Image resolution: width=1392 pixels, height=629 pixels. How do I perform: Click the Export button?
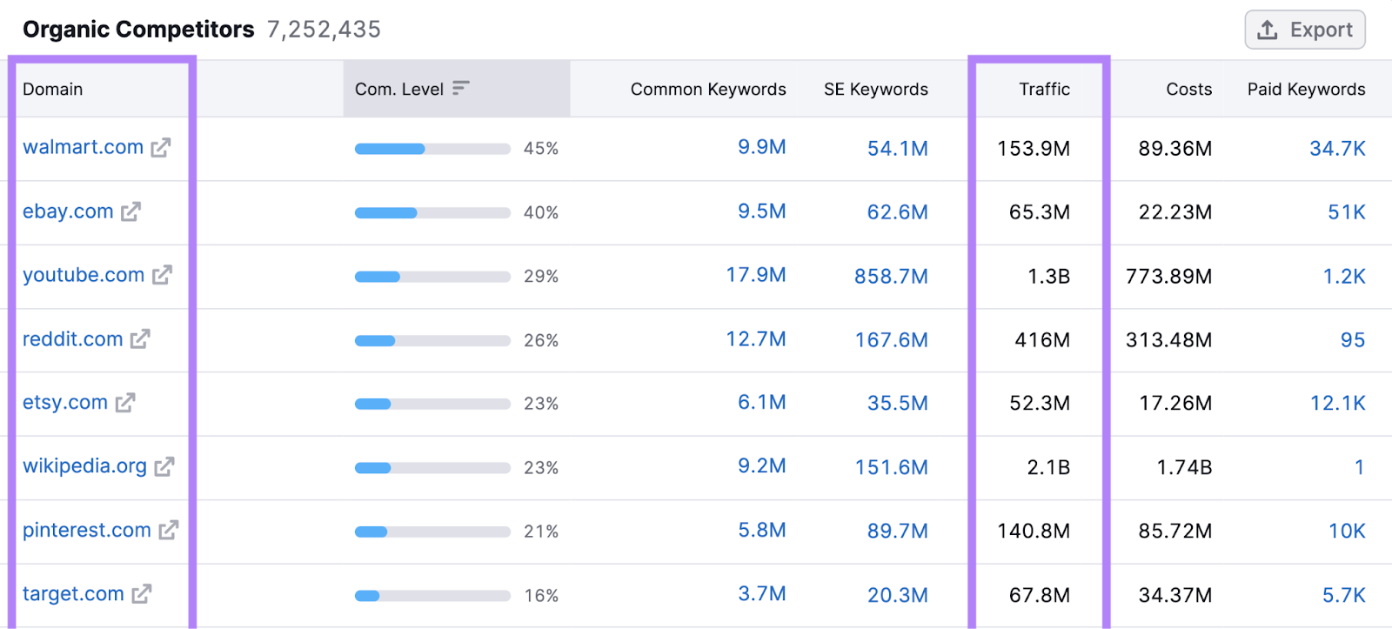(1304, 30)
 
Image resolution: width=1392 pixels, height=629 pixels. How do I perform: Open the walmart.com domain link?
(83, 147)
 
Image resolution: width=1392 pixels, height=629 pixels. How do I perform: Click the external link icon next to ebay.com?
(130, 211)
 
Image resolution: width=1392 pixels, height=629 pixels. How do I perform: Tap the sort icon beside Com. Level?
(461, 88)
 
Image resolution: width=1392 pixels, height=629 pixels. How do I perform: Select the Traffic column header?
(1044, 89)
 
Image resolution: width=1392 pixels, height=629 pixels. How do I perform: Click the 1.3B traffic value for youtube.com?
(1048, 276)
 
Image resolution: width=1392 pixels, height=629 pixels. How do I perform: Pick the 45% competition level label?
(540, 149)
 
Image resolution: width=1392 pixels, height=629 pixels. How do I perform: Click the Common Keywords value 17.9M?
(755, 275)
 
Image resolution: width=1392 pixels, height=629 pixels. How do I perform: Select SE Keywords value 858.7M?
(891, 276)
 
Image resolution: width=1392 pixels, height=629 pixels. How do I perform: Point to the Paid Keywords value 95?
(1352, 340)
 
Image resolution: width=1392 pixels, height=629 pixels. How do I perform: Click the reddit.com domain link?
(72, 339)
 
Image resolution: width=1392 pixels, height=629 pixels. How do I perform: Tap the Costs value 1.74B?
(1183, 467)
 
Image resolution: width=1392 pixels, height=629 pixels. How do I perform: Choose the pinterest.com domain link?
(86, 530)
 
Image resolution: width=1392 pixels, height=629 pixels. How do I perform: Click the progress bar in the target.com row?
(432, 596)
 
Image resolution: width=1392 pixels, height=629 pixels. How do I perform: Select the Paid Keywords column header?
(1306, 89)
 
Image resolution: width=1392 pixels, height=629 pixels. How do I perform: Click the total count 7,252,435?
(324, 30)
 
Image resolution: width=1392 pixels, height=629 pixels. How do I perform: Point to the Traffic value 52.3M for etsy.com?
(1039, 404)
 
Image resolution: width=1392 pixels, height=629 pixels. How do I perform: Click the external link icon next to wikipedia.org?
(164, 467)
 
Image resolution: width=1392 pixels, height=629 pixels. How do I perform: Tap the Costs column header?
(1188, 89)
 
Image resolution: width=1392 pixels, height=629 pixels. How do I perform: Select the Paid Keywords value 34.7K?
(1337, 149)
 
